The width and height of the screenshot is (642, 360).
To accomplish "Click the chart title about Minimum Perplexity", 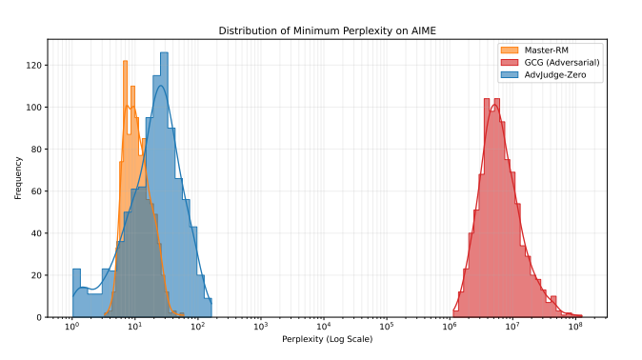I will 320,30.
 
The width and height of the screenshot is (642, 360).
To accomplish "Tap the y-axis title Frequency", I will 18,179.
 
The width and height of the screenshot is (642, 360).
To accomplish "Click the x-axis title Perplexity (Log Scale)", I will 320,340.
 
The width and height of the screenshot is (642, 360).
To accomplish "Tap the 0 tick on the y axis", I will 39,317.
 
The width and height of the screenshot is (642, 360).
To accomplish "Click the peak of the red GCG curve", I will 493,107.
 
